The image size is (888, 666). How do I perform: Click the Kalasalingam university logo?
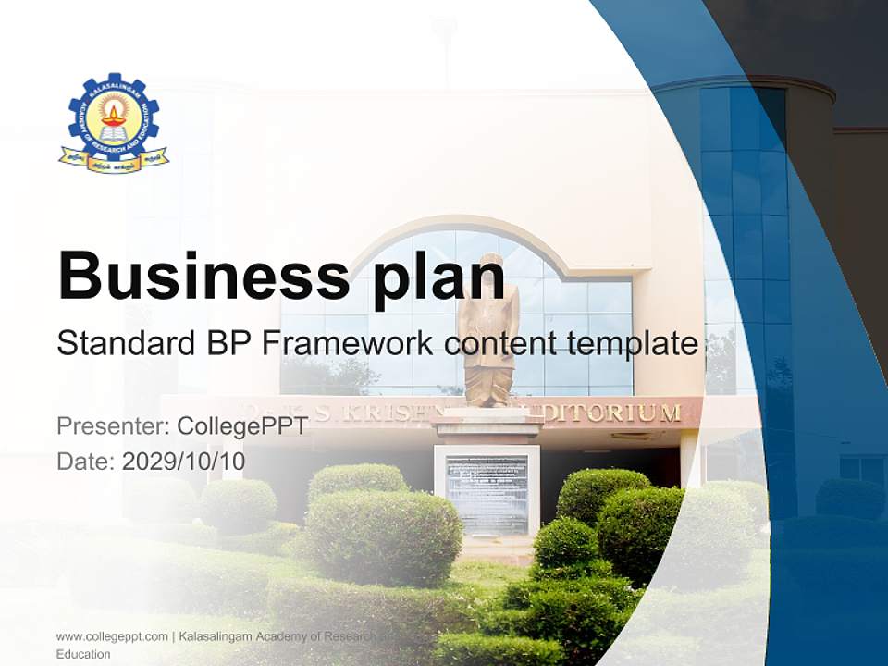click(x=114, y=122)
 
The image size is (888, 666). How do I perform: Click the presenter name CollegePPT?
click(x=242, y=426)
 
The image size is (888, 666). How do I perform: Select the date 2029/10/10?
click(x=183, y=462)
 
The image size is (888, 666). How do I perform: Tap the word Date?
click(x=86, y=462)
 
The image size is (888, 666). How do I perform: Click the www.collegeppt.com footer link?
click(x=112, y=636)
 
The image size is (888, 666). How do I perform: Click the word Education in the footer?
click(x=83, y=654)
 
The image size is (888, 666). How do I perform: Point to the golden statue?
click(x=487, y=333)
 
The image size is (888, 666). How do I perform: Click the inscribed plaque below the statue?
click(x=487, y=493)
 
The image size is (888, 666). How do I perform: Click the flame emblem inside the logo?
click(x=114, y=117)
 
